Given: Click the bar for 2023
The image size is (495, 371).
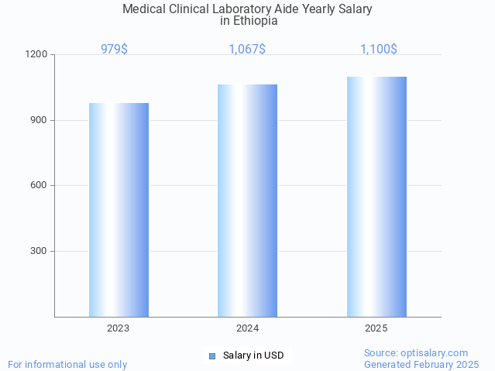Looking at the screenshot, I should (119, 210).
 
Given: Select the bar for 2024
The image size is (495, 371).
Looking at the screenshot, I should (247, 201).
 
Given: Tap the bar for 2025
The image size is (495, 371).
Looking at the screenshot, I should (376, 197).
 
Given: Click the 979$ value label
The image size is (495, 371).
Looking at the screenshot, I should (114, 50).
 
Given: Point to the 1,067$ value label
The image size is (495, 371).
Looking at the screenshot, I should (247, 50).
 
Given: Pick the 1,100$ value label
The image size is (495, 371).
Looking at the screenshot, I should (379, 50).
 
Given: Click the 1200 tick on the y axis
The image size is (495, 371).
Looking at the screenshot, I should (37, 55).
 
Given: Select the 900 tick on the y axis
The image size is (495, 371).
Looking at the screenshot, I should (40, 120).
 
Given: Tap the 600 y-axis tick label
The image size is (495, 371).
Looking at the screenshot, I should (40, 186).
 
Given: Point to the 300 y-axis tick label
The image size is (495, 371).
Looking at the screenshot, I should (40, 251).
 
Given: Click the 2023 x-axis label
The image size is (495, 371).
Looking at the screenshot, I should (119, 328).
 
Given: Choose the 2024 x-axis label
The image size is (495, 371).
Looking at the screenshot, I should (247, 328).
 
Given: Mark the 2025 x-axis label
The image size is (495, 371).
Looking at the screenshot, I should (376, 328).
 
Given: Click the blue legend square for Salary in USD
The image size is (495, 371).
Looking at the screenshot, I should (212, 356).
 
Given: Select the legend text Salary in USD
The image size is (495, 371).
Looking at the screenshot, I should (253, 356).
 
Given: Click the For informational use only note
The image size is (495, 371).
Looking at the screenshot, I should (67, 364).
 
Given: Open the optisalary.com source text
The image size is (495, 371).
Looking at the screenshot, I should (416, 352).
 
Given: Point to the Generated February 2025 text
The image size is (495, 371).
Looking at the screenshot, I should (421, 364).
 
